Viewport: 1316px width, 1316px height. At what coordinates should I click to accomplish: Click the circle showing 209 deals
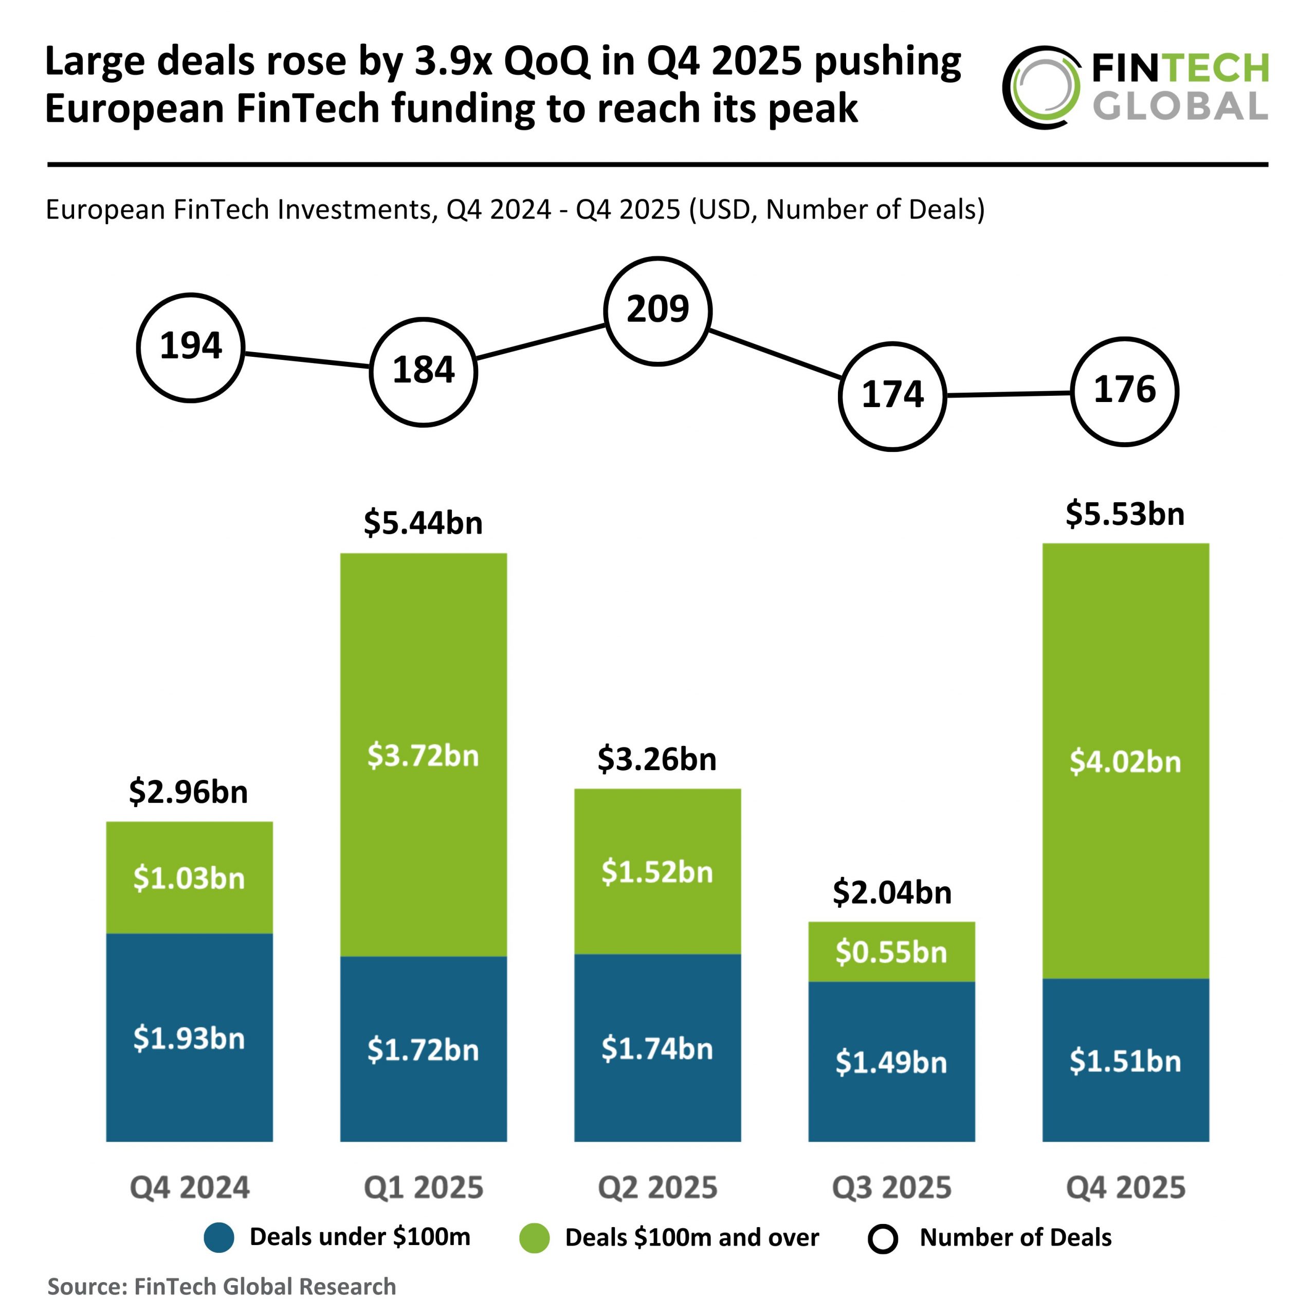(657, 310)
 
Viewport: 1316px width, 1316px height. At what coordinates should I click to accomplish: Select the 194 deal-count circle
(191, 348)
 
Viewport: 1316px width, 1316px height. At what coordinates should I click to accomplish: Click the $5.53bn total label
(1125, 514)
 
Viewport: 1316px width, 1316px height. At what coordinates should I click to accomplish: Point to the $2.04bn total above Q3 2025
(891, 892)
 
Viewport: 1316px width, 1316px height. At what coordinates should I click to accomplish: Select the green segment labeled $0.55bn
(891, 952)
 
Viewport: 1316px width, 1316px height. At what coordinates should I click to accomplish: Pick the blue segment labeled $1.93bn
(189, 1038)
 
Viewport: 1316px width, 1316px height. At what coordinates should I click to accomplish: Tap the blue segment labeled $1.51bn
(1125, 1061)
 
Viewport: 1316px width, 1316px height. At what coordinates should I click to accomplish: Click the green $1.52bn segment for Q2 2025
(657, 872)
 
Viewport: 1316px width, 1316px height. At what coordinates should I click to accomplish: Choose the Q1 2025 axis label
(423, 1187)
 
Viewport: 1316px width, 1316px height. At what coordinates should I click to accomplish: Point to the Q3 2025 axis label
(891, 1187)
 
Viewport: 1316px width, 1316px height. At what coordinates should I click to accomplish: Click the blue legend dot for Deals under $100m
(218, 1238)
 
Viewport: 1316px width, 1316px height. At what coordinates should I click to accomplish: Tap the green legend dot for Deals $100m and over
(534, 1238)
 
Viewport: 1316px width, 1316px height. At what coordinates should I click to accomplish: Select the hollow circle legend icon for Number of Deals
(883, 1238)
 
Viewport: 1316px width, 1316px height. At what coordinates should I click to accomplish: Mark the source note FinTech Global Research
(222, 1286)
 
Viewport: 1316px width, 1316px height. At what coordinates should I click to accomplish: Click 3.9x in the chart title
(453, 61)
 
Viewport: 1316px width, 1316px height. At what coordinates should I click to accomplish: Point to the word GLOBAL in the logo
(1180, 107)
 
